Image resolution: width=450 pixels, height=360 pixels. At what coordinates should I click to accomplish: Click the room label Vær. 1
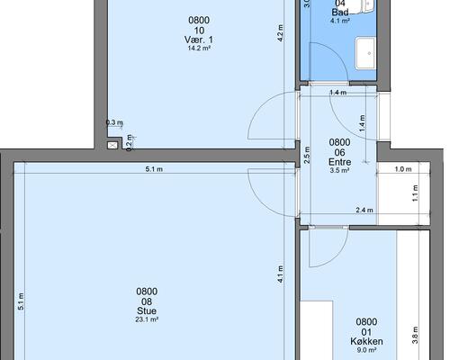(199, 40)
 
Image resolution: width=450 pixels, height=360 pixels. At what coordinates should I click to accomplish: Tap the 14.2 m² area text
(199, 48)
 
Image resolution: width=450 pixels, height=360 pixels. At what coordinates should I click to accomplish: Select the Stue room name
(147, 310)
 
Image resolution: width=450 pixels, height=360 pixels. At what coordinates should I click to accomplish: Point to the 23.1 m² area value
(147, 319)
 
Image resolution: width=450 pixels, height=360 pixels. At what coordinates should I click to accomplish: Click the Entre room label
(339, 162)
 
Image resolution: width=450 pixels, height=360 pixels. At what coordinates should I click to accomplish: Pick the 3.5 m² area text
(339, 170)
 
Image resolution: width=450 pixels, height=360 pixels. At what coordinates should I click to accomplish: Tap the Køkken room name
(366, 341)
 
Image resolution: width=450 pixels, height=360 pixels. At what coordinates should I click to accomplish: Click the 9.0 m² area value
(366, 350)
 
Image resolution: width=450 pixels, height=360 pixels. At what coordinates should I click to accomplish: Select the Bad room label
(340, 13)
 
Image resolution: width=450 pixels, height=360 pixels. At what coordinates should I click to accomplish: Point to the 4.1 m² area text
(340, 21)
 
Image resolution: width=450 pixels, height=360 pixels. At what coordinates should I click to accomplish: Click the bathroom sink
(365, 53)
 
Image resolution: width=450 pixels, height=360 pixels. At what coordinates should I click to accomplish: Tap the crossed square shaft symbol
(112, 146)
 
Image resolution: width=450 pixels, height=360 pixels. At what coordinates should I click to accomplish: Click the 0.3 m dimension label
(114, 122)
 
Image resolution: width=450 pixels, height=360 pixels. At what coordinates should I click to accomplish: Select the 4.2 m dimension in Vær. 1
(280, 33)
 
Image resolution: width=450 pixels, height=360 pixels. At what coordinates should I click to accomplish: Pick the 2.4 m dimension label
(364, 210)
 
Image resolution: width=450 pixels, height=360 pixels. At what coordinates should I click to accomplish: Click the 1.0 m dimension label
(403, 169)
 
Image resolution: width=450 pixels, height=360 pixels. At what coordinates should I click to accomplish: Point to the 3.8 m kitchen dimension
(415, 335)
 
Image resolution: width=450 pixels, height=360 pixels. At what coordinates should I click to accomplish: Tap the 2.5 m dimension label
(307, 155)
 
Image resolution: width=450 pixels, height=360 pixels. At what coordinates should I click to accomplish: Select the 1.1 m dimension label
(415, 193)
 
